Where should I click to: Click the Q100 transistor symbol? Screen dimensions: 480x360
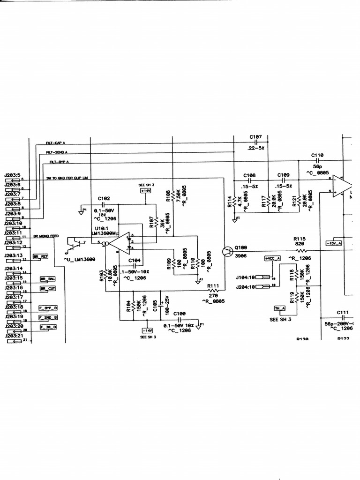tap(227, 251)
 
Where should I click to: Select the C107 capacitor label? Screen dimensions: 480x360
tap(256, 137)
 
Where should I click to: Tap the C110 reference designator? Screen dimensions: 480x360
tap(317, 155)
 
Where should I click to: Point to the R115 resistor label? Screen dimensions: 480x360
tap(300, 239)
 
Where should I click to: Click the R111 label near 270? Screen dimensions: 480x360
tap(213, 285)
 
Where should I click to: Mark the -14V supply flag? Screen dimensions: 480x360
tap(148, 330)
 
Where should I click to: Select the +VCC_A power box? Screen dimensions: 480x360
tap(272, 258)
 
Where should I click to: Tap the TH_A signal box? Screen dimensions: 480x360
tap(280, 308)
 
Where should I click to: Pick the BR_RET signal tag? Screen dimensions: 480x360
tap(41, 256)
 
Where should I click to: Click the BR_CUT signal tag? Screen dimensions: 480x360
tap(47, 289)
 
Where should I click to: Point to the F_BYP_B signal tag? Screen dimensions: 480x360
tap(48, 308)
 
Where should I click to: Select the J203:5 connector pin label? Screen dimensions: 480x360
tap(13, 175)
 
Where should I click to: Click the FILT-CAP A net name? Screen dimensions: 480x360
tap(55, 142)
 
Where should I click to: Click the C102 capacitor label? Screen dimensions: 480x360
tap(104, 198)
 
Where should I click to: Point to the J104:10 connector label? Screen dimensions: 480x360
tap(246, 277)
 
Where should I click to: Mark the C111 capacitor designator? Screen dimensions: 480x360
tap(343, 312)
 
